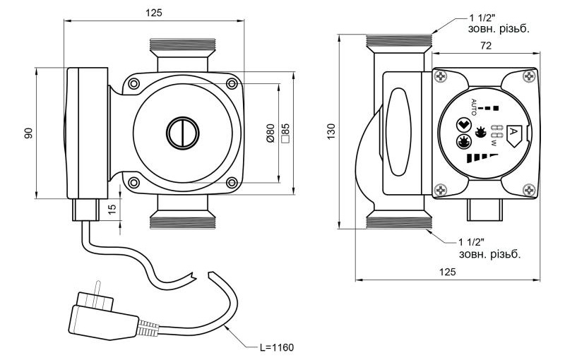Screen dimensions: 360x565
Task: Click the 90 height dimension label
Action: coord(29,133)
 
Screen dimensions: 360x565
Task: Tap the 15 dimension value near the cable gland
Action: coord(112,209)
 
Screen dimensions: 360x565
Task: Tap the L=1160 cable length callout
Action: coord(273,348)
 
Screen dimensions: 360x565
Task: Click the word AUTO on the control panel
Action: coord(474,107)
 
